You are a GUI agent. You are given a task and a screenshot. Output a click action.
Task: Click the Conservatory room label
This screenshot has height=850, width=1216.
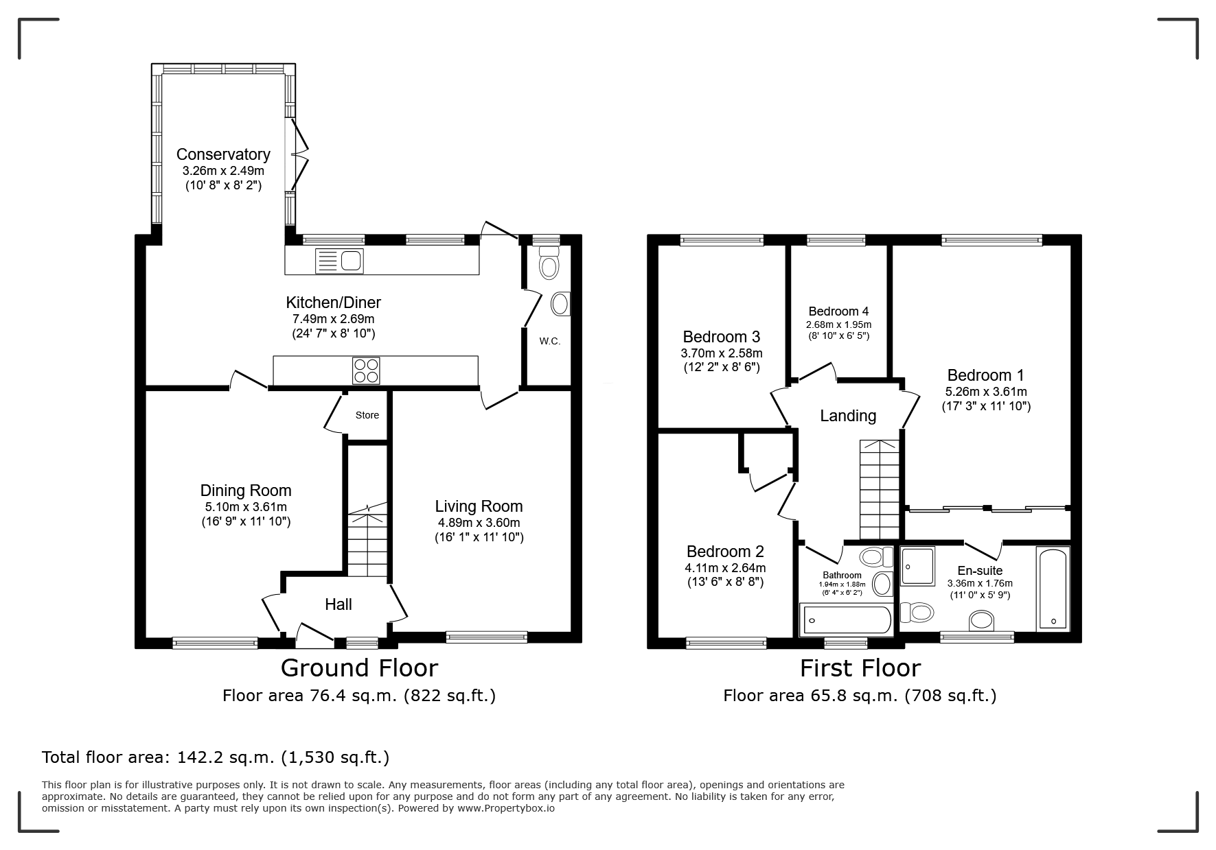coord(223,154)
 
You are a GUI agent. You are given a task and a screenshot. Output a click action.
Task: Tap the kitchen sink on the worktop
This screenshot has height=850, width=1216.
coord(339,261)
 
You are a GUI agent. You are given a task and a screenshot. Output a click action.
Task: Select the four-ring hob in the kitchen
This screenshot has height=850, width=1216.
coord(366,370)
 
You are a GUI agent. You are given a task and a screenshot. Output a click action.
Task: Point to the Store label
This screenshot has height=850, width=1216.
coord(367,415)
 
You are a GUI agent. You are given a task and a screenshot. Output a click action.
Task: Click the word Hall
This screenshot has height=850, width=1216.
coord(339,604)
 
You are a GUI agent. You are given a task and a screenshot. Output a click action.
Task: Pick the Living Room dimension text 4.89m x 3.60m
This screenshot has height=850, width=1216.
coord(479,523)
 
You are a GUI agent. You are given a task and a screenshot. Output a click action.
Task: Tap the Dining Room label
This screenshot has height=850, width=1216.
coord(246,491)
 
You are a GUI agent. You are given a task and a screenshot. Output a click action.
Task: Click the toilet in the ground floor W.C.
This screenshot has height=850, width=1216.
coord(549,264)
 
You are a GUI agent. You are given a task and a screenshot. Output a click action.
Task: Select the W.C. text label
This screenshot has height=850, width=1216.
coord(550,341)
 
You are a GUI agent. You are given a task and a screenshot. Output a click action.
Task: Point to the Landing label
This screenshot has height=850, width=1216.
coord(848,416)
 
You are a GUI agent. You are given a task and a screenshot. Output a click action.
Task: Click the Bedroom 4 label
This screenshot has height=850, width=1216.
coord(839,311)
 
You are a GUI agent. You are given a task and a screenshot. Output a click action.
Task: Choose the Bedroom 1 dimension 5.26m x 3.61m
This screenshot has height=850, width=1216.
coord(986,392)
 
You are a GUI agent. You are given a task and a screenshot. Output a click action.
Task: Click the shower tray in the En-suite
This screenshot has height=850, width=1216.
coord(917,566)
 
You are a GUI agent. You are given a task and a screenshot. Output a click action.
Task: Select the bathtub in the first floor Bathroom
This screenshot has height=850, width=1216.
coord(846,620)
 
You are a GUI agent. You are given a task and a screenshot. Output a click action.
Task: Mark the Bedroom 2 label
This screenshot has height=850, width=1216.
coord(725,552)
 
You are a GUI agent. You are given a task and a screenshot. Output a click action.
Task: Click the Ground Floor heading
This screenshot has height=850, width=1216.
coord(359,668)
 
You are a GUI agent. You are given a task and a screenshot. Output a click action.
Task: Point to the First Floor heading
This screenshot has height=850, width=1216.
coord(860,668)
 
